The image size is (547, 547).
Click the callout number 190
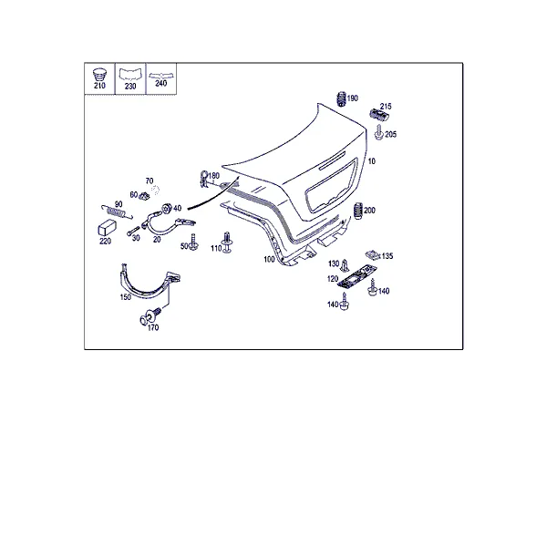pyautogui.click(x=352, y=98)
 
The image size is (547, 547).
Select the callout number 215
pyautogui.click(x=386, y=106)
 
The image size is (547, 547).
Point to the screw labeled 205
pyautogui.click(x=379, y=132)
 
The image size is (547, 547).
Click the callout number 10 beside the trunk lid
pyautogui.click(x=372, y=161)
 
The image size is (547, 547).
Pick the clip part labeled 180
pyautogui.click(x=203, y=179)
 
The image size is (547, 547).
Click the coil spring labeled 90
pyautogui.click(x=117, y=212)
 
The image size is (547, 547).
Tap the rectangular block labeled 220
pyautogui.click(x=107, y=228)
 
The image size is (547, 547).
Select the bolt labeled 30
pyautogui.click(x=133, y=231)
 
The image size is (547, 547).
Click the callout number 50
pyautogui.click(x=184, y=246)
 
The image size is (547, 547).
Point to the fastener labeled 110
pyautogui.click(x=227, y=243)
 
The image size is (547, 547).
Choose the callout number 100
pyautogui.click(x=269, y=260)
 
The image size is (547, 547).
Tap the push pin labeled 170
pyautogui.click(x=150, y=315)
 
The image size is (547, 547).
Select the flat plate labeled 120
pyautogui.click(x=356, y=276)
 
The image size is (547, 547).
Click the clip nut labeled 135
pyautogui.click(x=373, y=254)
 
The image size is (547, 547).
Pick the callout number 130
pyautogui.click(x=334, y=263)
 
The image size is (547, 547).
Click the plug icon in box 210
pyautogui.click(x=99, y=75)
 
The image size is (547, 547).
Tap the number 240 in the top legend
pyautogui.click(x=160, y=84)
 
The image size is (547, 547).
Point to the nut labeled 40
pyautogui.click(x=167, y=208)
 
